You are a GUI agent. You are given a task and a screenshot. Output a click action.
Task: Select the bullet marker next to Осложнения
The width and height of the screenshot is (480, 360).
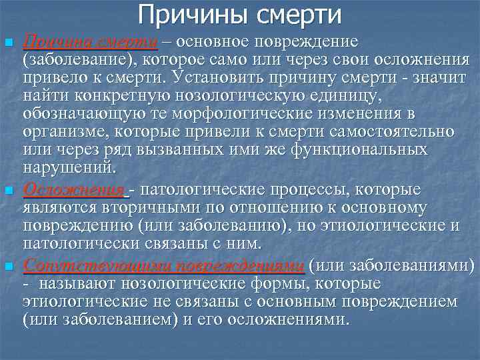(9, 192)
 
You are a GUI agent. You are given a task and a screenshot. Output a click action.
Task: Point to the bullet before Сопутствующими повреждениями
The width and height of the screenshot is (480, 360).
(9, 267)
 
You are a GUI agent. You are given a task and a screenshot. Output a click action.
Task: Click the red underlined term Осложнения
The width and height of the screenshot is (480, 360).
(73, 190)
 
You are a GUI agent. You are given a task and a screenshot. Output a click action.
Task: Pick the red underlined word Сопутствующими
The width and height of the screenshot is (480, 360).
(91, 265)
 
